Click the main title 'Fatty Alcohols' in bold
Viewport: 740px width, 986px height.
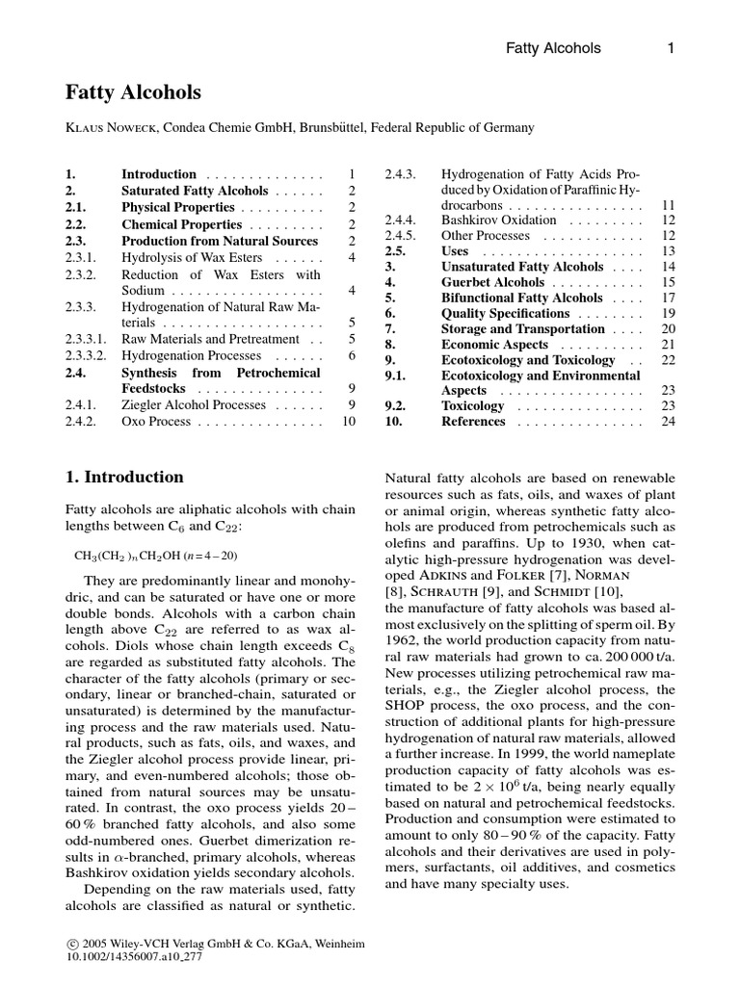point(133,92)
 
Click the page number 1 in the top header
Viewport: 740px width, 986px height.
point(668,47)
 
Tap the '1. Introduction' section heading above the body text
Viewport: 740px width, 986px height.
point(123,477)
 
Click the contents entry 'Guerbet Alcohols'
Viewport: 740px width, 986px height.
point(492,283)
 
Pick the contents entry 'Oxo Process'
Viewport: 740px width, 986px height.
point(158,421)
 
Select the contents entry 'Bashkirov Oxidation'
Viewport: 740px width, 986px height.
point(498,221)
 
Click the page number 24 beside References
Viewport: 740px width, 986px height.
point(668,422)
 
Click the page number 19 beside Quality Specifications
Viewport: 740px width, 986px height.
point(668,314)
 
